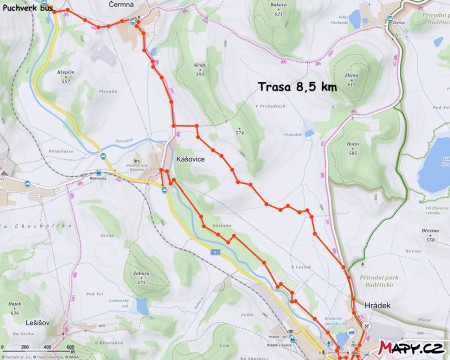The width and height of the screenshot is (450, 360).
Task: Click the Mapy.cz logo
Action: tap(410, 347)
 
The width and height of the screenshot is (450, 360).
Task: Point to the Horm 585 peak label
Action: tap(352, 146)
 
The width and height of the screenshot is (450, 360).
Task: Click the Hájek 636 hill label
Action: tap(15, 306)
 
